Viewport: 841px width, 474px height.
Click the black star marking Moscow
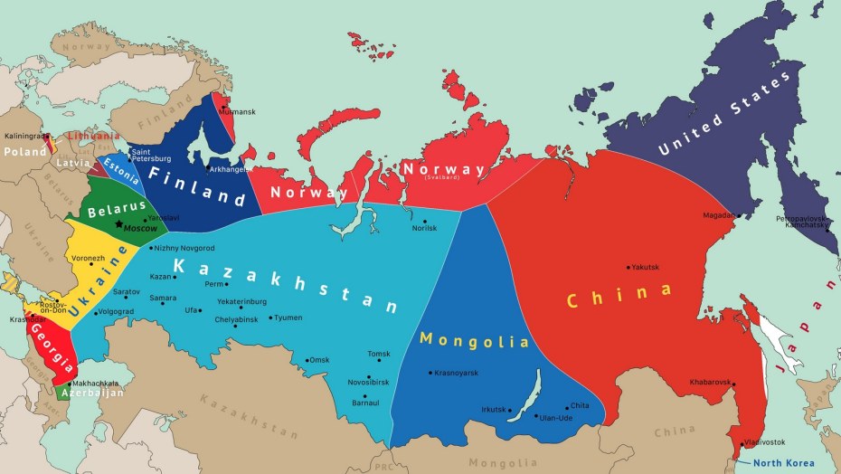118,223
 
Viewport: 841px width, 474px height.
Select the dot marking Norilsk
424,220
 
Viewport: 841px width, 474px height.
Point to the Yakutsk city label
646,267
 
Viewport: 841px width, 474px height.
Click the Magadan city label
719,215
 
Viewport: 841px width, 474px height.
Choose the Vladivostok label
765,441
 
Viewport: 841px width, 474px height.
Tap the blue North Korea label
786,463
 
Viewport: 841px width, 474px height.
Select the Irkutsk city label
495,409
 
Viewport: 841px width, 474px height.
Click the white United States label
724,114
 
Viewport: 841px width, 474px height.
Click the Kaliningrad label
24,136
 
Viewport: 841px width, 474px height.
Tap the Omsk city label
319,360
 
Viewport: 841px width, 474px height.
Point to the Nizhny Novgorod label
184,247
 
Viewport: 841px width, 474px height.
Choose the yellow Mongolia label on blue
475,341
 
